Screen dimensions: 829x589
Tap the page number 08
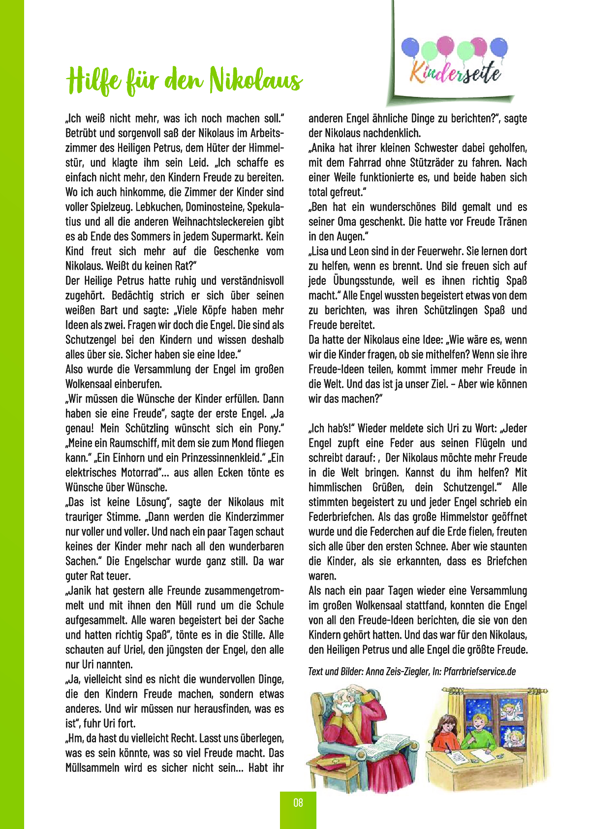pyautogui.click(x=298, y=803)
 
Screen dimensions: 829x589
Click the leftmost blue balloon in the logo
pyautogui.click(x=410, y=48)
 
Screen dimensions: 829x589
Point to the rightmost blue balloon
pyautogui.click(x=498, y=47)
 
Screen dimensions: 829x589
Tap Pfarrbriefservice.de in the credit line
pyautogui.click(x=479, y=671)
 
